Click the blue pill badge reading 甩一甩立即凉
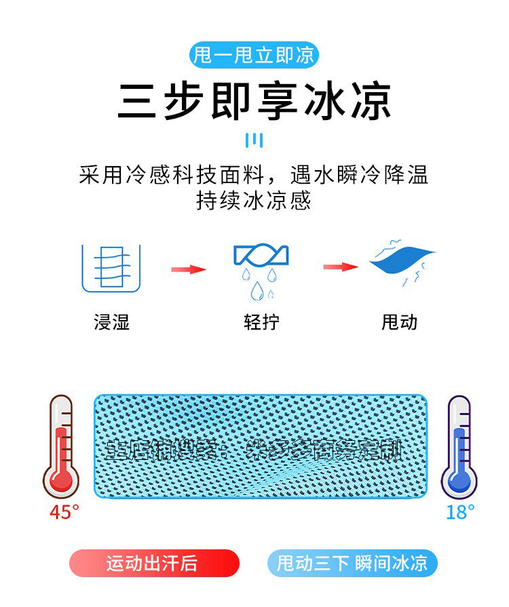tap(254, 55)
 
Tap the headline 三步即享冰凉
tap(254, 102)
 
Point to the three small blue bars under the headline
tap(254, 140)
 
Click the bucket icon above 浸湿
tap(111, 269)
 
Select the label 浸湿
tap(111, 321)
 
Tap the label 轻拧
tap(261, 321)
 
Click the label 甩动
tap(400, 321)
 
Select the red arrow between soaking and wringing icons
tap(188, 269)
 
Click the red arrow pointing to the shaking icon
tap(340, 267)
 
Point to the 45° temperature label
tap(64, 512)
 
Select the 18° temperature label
tap(460, 512)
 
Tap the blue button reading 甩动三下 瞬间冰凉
tap(352, 564)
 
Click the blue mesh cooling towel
tap(261, 446)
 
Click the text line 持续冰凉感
tap(254, 201)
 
